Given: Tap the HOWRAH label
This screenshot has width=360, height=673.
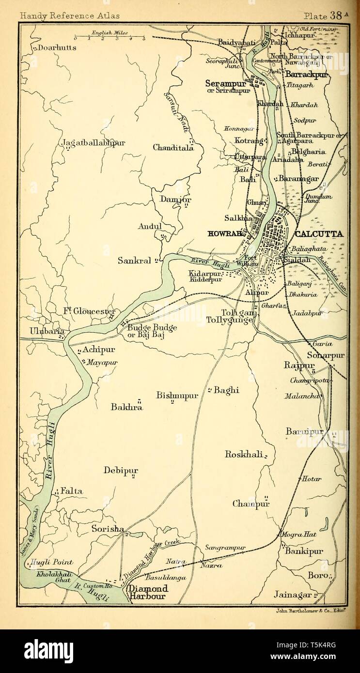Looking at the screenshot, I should tap(224, 233).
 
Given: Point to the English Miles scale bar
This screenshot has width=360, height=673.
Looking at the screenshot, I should tap(110, 36).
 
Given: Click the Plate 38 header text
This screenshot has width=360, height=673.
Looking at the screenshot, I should tap(326, 15).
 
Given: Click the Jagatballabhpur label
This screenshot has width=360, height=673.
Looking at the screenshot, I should tap(94, 143).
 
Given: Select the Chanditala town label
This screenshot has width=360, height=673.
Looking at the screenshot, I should tap(173, 148).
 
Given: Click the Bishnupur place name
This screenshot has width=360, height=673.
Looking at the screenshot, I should tap(177, 395).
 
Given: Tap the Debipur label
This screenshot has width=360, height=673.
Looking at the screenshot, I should tap(121, 470).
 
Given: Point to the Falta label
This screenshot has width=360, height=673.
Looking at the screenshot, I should tap(71, 491).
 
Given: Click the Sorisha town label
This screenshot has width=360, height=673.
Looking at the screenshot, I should tap(108, 529).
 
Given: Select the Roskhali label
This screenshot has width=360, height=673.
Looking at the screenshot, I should tap(244, 454).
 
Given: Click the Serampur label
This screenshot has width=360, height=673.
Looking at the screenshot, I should tap(225, 83).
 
